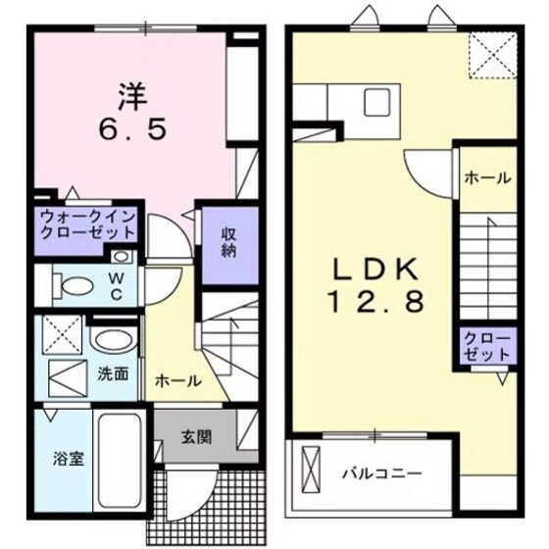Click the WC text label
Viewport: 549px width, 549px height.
click(117, 284)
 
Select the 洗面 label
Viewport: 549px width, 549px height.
click(113, 373)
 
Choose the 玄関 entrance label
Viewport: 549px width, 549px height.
click(195, 438)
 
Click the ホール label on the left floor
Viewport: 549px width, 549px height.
click(178, 380)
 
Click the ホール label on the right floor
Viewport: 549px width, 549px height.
click(486, 178)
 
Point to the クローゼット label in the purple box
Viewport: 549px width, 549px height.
click(487, 345)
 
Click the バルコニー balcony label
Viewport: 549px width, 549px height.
click(381, 474)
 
